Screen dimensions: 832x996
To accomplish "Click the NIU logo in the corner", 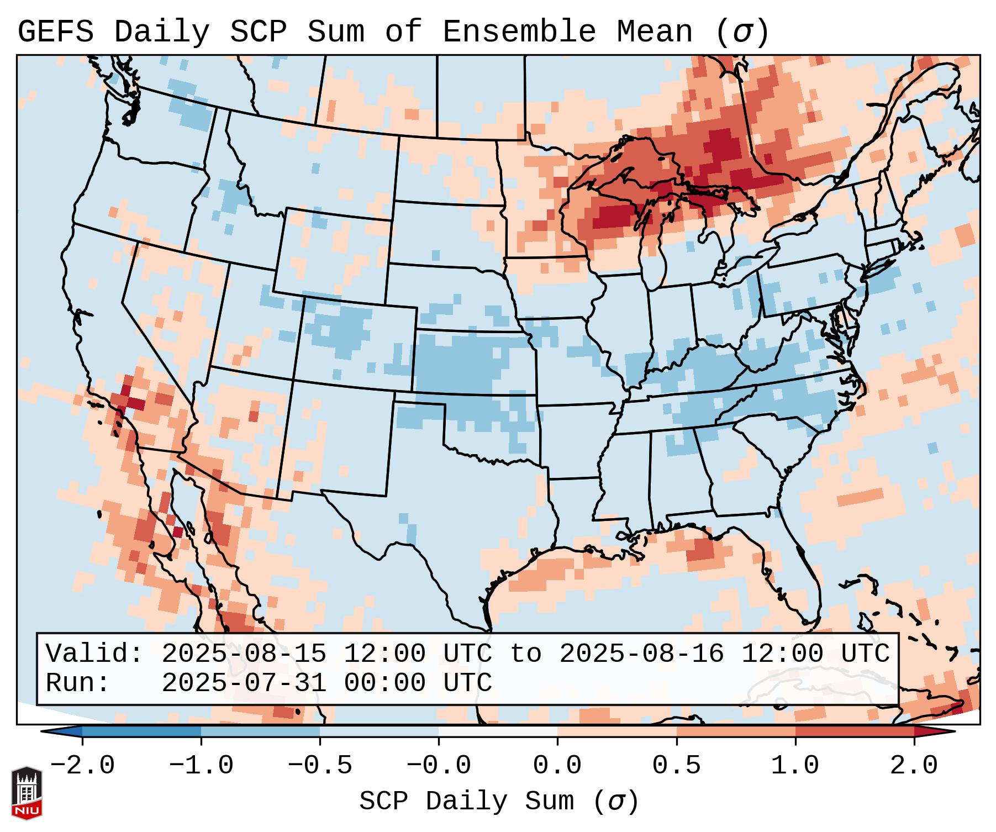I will [x=27, y=792].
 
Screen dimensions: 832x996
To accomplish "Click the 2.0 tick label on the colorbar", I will [x=914, y=766].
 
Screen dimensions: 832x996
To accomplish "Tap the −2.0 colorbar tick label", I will [x=82, y=766].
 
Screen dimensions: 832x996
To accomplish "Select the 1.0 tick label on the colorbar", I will [x=795, y=766].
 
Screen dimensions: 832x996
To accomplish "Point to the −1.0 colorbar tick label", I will [x=201, y=766].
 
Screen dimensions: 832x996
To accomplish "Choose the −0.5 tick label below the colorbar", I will [x=320, y=766].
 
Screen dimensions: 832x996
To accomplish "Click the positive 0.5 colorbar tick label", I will [x=676, y=766].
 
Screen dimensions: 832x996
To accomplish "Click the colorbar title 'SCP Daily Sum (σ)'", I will [x=498, y=801].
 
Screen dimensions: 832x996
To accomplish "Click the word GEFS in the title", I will [x=55, y=32].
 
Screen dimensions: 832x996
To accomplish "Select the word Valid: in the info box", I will [x=94, y=654].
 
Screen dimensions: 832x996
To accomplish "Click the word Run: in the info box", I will [x=78, y=683].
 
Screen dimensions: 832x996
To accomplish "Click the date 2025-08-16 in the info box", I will [x=641, y=654].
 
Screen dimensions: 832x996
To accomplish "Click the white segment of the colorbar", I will [x=498, y=731].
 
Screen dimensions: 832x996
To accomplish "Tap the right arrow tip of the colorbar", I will [x=948, y=731].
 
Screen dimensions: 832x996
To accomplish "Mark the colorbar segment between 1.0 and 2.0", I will [x=854, y=731].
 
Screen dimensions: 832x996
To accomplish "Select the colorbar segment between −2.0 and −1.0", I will [x=141, y=731].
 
